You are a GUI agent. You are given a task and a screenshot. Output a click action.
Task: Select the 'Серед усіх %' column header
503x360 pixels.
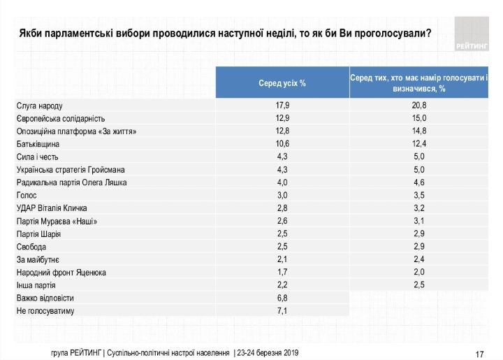coord(282,83)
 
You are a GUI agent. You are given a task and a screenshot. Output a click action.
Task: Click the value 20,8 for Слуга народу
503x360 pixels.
coord(419,106)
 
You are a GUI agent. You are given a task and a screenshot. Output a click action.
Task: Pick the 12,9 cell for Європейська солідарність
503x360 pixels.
coord(282,118)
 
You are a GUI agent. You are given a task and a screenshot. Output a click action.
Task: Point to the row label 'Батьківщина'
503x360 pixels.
coord(38,144)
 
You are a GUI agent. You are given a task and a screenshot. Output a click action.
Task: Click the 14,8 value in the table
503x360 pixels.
coord(419,131)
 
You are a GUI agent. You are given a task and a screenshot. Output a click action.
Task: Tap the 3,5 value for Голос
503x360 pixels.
coord(419,195)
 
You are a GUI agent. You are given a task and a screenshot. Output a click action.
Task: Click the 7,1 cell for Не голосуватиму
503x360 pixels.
coord(282,310)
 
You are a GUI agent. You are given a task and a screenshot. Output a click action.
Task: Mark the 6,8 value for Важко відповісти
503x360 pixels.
coord(282,298)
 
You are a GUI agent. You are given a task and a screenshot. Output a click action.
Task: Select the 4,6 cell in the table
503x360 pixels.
coord(419,182)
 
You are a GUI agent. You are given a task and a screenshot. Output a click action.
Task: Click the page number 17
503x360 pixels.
coord(479,352)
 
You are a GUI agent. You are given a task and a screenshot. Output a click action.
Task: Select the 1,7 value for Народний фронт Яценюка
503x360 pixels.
coord(282,272)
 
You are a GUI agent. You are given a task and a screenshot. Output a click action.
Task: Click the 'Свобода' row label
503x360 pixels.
coord(31,247)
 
